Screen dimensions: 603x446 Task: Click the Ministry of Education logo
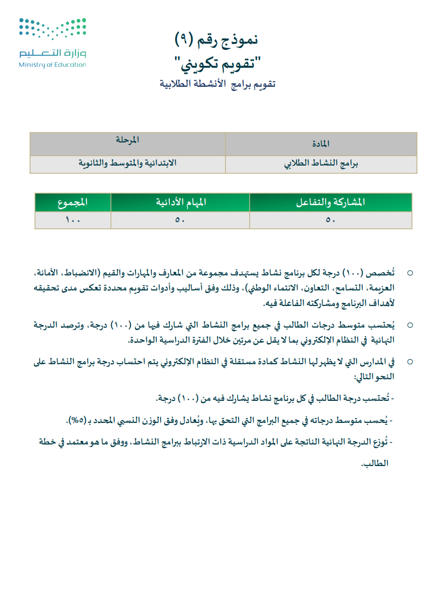(x=53, y=43)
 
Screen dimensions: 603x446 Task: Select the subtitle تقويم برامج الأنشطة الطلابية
(x=217, y=84)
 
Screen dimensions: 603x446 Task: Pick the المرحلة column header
(x=127, y=140)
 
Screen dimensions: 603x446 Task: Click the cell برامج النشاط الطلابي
(x=321, y=164)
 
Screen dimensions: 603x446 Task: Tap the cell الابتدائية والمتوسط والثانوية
(x=127, y=164)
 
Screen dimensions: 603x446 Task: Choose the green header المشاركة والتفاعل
(x=330, y=202)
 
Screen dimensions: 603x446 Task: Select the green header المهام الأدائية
(x=180, y=202)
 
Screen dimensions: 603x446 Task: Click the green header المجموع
(x=73, y=202)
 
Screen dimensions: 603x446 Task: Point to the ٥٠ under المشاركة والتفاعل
(x=330, y=220)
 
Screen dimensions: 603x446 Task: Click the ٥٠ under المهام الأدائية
(x=180, y=220)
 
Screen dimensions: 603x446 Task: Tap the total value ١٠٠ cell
(x=73, y=220)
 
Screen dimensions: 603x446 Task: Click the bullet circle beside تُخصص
(x=410, y=273)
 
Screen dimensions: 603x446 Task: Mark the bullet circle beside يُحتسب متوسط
(x=410, y=326)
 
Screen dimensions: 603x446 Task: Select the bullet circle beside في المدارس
(x=410, y=362)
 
